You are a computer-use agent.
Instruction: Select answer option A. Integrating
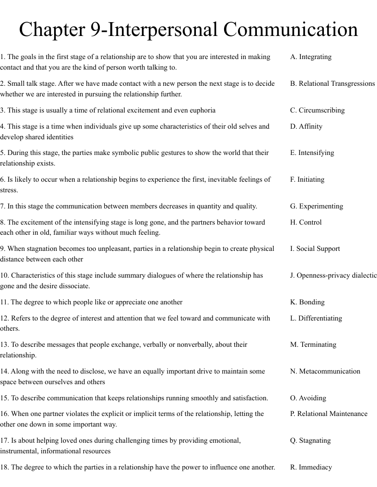[310, 57]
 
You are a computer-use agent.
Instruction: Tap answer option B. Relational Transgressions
[332, 83]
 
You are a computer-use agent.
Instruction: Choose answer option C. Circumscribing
[317, 110]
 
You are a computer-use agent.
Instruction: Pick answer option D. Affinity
[306, 126]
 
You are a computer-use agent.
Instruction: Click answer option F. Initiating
[307, 179]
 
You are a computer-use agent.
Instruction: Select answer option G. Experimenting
[316, 206]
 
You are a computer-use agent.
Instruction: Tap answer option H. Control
[306, 222]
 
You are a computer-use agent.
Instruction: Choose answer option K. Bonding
[307, 302]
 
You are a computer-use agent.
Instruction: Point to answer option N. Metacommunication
[325, 371]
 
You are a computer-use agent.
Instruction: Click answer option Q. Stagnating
[310, 440]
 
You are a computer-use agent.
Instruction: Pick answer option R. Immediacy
[311, 467]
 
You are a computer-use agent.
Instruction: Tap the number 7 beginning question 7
[2, 206]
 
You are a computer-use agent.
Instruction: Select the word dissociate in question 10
[74, 286]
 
